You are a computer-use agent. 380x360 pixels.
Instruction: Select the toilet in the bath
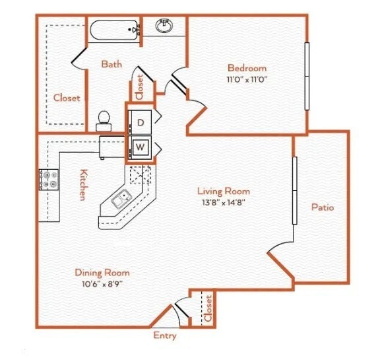(104, 120)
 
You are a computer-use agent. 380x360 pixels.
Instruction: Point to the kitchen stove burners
(49, 180)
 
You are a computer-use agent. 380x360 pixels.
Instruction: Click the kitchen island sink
(121, 198)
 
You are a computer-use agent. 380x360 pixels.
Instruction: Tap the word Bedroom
(247, 68)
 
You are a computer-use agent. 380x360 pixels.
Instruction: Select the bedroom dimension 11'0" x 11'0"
(247, 79)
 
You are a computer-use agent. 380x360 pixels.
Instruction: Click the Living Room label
(224, 192)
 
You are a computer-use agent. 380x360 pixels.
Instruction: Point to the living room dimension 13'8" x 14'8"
(224, 203)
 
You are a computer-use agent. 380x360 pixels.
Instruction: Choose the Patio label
(323, 207)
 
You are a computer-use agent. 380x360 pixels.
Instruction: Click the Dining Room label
(102, 272)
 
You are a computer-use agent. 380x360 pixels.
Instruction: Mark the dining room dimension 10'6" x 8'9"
(102, 283)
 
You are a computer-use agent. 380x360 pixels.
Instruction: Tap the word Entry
(165, 336)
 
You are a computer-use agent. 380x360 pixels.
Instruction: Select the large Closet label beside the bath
(67, 98)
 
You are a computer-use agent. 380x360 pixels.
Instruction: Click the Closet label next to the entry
(208, 308)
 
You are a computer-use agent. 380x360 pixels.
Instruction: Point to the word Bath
(111, 64)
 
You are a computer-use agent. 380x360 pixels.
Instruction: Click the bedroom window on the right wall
(307, 76)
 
